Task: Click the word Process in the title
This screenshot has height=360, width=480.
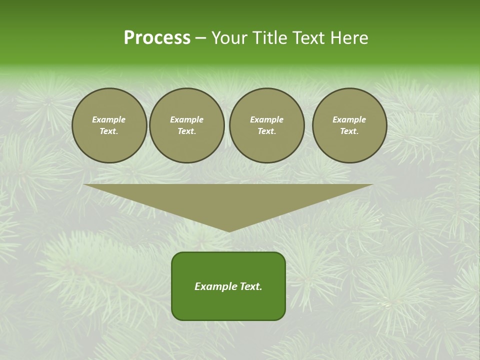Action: (x=157, y=38)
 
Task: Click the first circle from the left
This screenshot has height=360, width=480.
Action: (x=109, y=125)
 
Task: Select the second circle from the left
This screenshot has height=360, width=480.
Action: (x=187, y=125)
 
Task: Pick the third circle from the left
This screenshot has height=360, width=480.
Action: (x=266, y=125)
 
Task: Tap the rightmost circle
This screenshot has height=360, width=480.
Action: (x=349, y=125)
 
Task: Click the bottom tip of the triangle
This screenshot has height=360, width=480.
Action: (x=229, y=231)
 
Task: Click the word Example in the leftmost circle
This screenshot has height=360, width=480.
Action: (x=109, y=119)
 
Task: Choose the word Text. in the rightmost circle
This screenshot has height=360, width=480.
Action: (x=349, y=131)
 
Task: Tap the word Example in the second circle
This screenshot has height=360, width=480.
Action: (x=187, y=119)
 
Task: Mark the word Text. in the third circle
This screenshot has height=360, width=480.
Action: (x=266, y=131)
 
